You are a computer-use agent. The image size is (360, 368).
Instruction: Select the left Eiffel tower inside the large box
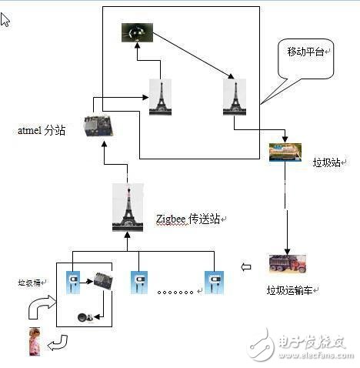pyautogui.click(x=160, y=98)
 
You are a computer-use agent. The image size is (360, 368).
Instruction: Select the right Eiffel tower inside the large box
pyautogui.click(x=234, y=98)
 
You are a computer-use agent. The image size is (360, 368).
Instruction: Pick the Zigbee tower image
pyautogui.click(x=128, y=208)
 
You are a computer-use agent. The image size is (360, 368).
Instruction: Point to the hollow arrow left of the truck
pyautogui.click(x=246, y=267)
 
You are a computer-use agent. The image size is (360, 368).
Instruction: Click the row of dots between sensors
pyautogui.click(x=175, y=292)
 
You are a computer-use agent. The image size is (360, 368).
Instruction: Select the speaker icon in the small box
pyautogui.click(x=87, y=316)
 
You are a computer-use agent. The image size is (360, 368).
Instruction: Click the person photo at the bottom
pyautogui.click(x=35, y=341)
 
